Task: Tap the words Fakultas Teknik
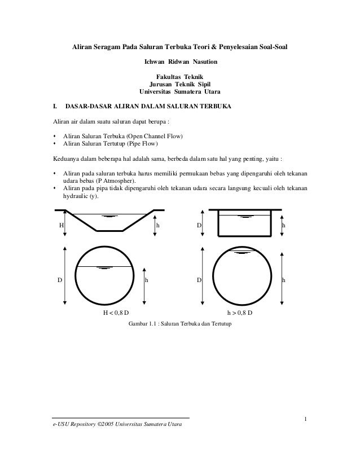click(179, 77)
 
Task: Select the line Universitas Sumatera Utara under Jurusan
click(179, 92)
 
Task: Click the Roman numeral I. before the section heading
click(55, 105)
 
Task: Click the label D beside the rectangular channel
click(199, 225)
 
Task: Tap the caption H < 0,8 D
click(115, 313)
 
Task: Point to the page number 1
click(305, 419)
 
